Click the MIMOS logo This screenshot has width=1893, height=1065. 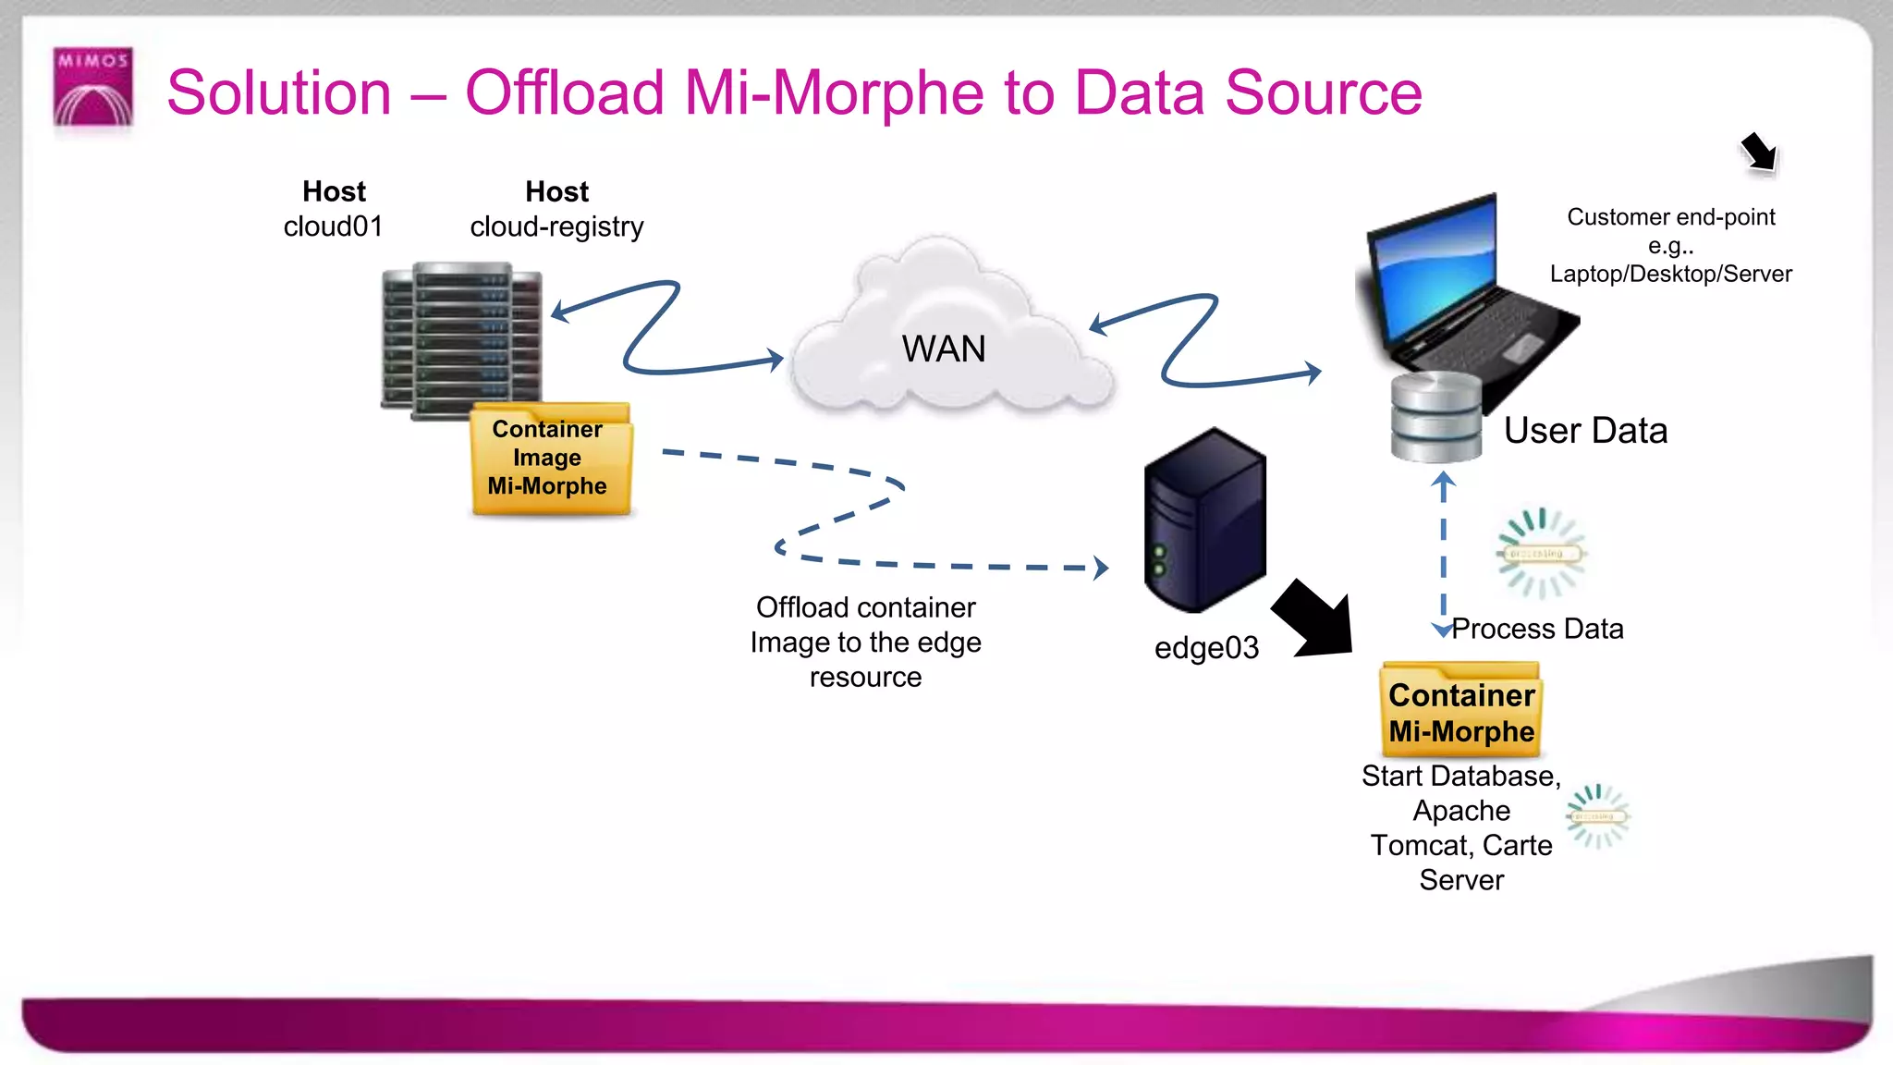pyautogui.click(x=92, y=87)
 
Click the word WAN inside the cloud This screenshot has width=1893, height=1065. pyautogui.click(x=944, y=349)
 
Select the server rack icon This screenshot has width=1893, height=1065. pyautogui.click(x=460, y=339)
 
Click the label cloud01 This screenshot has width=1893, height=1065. pyautogui.click(x=333, y=226)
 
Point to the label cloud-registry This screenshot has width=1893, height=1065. pyautogui.click(x=556, y=226)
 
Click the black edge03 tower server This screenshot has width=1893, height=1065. pyautogui.click(x=1203, y=520)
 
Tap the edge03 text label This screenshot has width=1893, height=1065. pyautogui.click(x=1206, y=648)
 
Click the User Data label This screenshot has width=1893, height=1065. pyautogui.click(x=1585, y=431)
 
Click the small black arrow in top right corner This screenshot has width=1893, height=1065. pyautogui.click(x=1759, y=152)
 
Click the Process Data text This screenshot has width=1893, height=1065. pyautogui.click(x=1537, y=629)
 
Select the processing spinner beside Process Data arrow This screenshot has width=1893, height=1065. pyautogui.click(x=1539, y=553)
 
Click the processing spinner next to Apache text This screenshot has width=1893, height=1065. pyautogui.click(x=1597, y=816)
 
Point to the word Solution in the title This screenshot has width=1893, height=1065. pyautogui.click(x=279, y=93)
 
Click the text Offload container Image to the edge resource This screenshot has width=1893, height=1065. pyautogui.click(x=865, y=643)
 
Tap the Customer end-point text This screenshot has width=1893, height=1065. pyautogui.click(x=1670, y=217)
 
